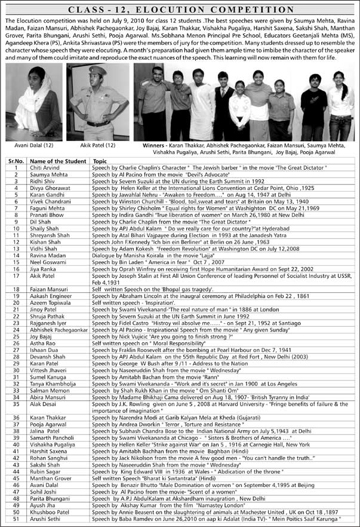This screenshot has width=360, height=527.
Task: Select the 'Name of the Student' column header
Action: click(54, 161)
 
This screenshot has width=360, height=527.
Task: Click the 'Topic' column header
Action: click(99, 161)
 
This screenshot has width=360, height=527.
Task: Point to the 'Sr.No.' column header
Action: click(15, 161)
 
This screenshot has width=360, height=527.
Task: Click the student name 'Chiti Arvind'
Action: click(45, 168)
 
